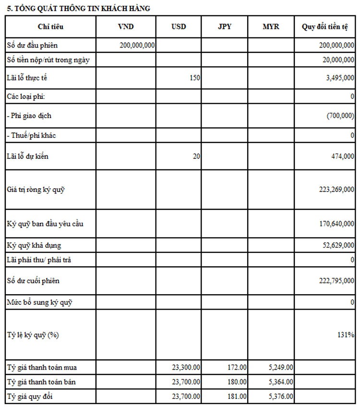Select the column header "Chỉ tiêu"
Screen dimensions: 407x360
pyautogui.click(x=50, y=27)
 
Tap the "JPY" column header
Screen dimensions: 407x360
pyautogui.click(x=224, y=27)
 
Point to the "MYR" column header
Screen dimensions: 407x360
pyautogui.click(x=271, y=27)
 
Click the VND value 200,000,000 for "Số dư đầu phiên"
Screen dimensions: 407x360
pyautogui.click(x=136, y=45)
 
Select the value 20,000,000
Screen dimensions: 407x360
pyautogui.click(x=336, y=60)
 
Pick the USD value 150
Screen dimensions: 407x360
pyautogui.click(x=195, y=78)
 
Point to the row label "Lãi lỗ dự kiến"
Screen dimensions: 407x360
pyautogui.click(x=28, y=156)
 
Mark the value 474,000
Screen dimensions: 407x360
pyautogui.click(x=343, y=156)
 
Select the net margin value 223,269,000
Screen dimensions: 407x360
pyautogui.click(x=336, y=189)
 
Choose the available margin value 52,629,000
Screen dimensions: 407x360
pyautogui.click(x=338, y=245)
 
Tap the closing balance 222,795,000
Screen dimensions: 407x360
pyautogui.click(x=336, y=281)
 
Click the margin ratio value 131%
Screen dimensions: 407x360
pyautogui.click(x=346, y=335)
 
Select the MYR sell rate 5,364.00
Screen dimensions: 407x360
pyautogui.click(x=281, y=382)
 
